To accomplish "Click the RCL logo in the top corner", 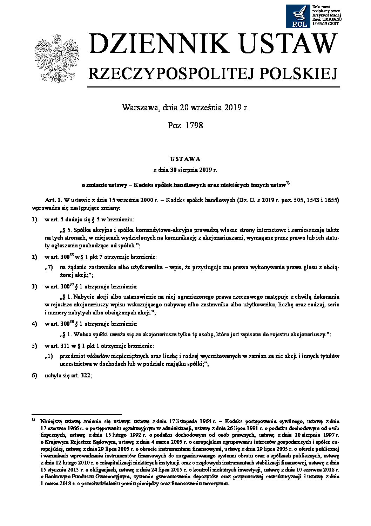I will point(298,16).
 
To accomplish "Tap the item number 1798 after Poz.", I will point(195,125).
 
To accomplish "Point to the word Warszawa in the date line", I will point(141,108).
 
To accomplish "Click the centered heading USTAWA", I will point(185,159).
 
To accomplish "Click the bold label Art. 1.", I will point(54,200).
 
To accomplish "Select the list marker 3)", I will point(34,287).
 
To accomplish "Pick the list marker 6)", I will point(34,376).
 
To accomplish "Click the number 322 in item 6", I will point(86,376).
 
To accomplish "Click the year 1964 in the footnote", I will point(205,421).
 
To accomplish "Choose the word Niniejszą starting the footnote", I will point(52,421).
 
